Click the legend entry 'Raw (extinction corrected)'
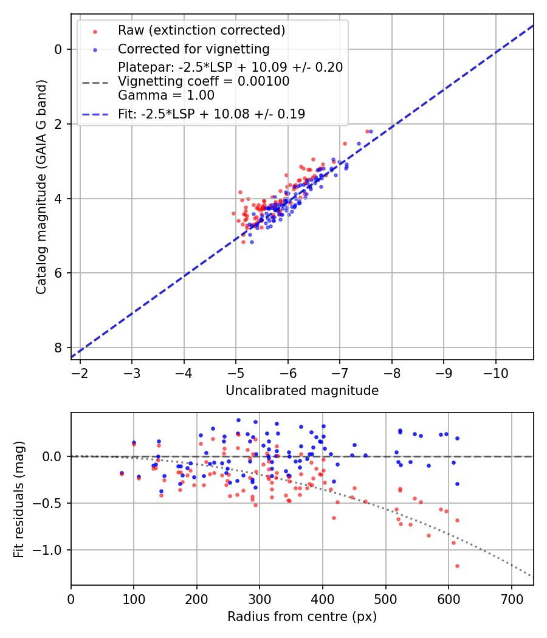coord(201,30)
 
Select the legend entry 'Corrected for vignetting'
coord(193,49)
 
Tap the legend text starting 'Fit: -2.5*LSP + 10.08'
coord(212,114)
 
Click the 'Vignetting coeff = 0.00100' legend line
coord(204,81)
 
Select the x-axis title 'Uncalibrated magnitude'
coord(302,391)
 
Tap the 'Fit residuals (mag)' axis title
coord(19,499)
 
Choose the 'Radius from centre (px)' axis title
coord(302,617)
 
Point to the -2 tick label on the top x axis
coord(80,372)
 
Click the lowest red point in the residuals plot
coord(457,566)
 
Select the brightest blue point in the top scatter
coord(371,131)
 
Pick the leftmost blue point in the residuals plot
coord(122,473)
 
